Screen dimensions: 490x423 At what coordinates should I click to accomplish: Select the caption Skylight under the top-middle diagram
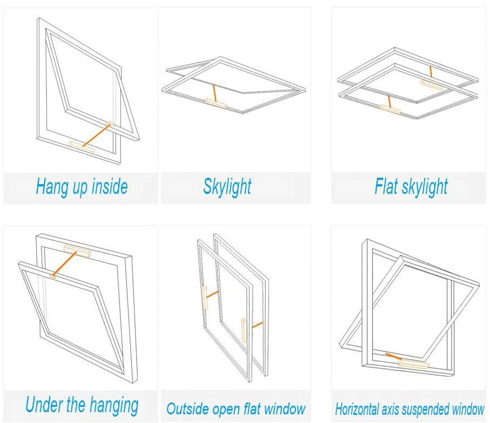(x=227, y=187)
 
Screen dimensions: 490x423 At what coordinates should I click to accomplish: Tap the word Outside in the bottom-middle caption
(x=187, y=409)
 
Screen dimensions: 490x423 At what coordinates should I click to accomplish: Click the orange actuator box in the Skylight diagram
(x=217, y=102)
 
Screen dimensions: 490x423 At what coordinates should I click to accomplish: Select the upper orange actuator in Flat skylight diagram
(x=432, y=84)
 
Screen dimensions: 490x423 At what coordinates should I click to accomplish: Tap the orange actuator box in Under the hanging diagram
(x=77, y=250)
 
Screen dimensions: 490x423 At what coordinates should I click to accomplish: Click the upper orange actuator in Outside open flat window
(x=205, y=298)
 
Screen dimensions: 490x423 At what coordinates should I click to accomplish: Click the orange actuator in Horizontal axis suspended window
(x=413, y=364)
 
